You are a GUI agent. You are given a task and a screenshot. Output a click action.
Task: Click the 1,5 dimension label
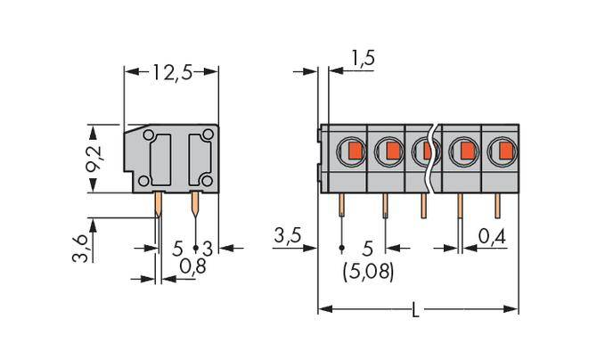[362, 59]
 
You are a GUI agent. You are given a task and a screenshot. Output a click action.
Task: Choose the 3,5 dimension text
[288, 237]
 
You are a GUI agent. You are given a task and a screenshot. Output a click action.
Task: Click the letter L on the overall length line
[416, 311]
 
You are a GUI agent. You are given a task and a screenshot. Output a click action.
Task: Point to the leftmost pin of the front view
[343, 208]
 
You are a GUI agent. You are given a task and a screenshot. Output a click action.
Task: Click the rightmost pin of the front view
[497, 207]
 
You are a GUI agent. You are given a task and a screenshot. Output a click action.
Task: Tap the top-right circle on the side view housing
[208, 135]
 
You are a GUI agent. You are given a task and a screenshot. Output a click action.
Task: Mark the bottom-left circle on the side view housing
[143, 182]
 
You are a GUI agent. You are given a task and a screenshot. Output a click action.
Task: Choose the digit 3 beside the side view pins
[207, 247]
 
